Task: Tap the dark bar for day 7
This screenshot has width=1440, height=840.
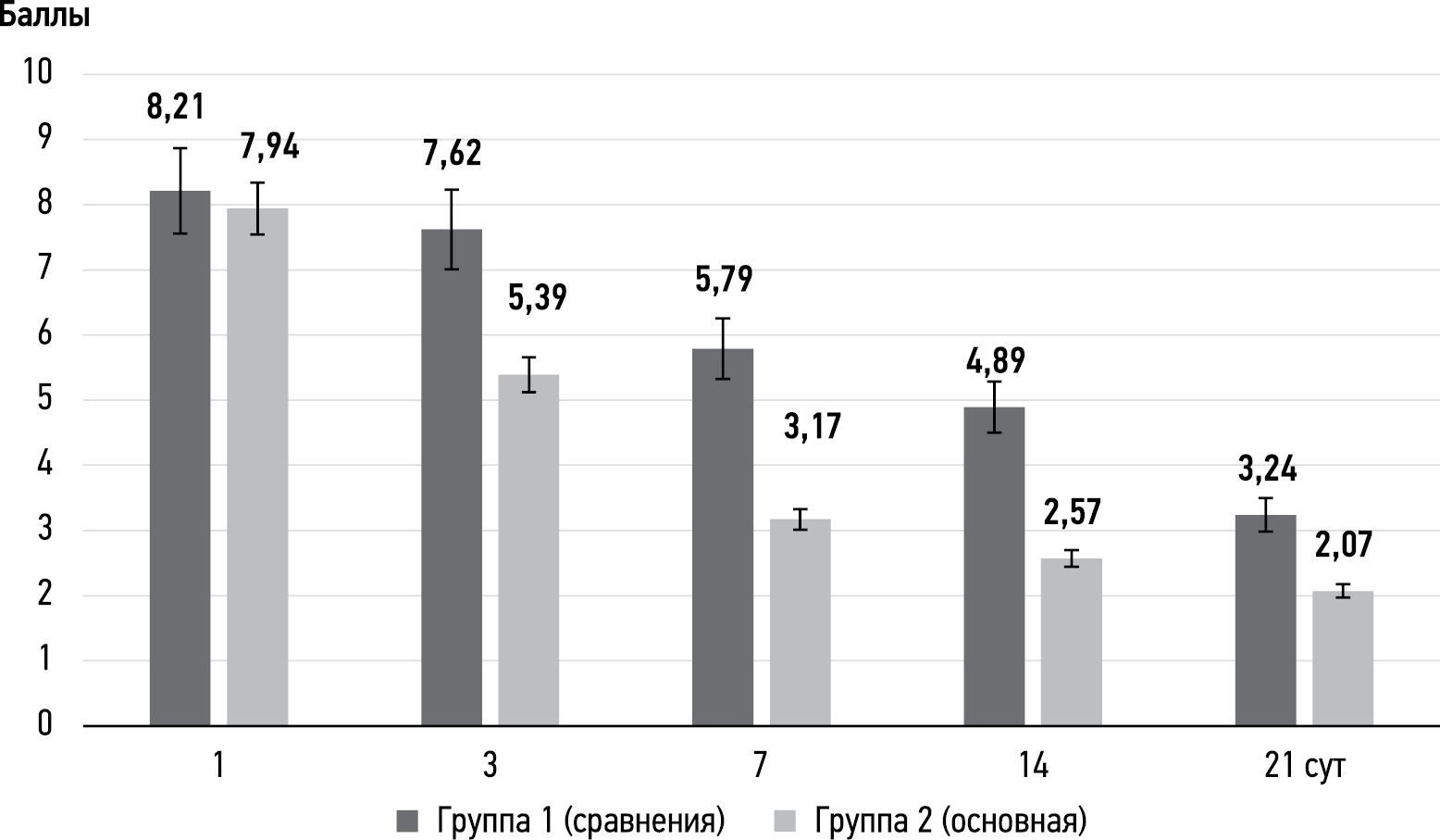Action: tap(723, 537)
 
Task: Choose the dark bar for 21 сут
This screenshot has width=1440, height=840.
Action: tap(1265, 620)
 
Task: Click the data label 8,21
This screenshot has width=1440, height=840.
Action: tap(175, 107)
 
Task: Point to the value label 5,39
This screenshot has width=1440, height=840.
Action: tap(537, 297)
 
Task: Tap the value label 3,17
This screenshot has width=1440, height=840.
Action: tap(812, 427)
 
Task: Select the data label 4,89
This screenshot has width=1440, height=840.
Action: tap(995, 360)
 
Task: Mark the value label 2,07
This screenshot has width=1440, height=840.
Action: tap(1342, 544)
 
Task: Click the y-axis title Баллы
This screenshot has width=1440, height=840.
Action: tap(44, 17)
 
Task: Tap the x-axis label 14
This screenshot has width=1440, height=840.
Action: tap(1032, 768)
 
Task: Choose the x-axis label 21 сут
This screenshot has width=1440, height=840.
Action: tap(1303, 768)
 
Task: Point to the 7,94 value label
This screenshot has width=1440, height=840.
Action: tap(269, 146)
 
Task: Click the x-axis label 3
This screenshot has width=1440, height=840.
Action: tap(490, 768)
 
